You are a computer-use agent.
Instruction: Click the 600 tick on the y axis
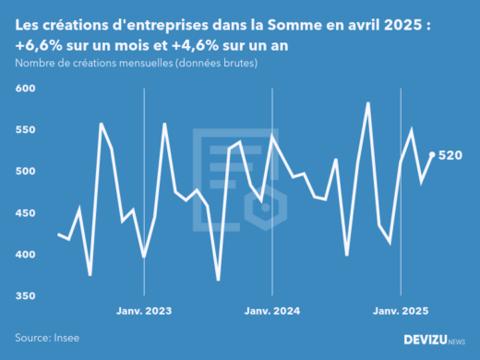(x=25, y=89)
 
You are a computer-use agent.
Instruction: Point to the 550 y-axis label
(x=25, y=130)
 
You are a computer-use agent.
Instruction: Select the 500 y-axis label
(x=25, y=172)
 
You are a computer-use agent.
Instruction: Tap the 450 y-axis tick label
(x=25, y=213)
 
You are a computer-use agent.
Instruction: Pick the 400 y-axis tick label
(x=25, y=255)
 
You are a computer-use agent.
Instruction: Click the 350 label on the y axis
(x=25, y=296)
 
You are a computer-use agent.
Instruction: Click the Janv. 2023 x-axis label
(x=143, y=311)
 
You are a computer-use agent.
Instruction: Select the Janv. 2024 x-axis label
(x=271, y=311)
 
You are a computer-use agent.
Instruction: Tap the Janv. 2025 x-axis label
(x=400, y=311)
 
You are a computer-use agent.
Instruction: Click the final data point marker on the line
(x=432, y=154)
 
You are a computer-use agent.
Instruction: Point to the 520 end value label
(x=450, y=155)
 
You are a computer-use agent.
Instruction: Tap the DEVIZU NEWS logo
(x=435, y=340)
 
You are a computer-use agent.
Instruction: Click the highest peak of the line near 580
(x=368, y=103)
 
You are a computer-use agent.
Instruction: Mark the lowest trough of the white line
(x=219, y=280)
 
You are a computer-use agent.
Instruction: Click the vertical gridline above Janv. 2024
(x=271, y=185)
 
